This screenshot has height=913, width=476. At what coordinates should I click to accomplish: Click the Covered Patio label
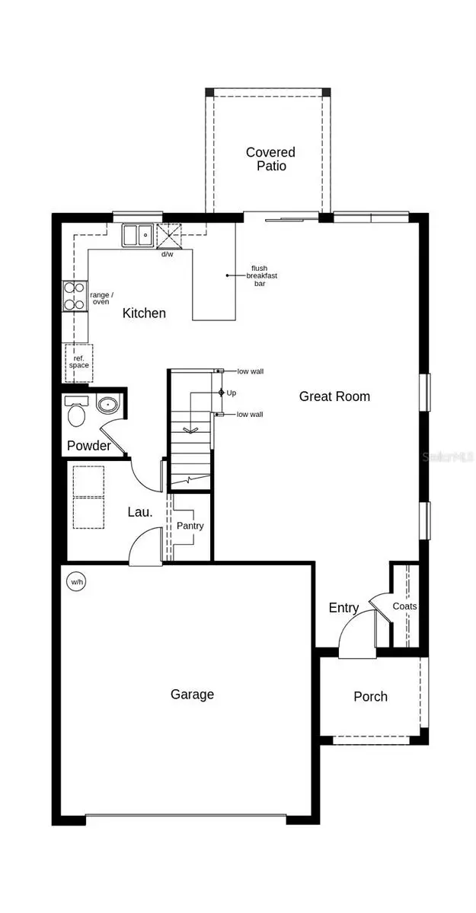[270, 159]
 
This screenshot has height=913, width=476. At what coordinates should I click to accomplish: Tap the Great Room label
[334, 396]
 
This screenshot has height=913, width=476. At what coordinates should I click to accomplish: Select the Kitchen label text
[144, 313]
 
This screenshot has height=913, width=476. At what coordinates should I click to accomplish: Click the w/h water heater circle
[77, 583]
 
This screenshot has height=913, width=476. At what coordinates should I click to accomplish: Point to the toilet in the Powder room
[77, 415]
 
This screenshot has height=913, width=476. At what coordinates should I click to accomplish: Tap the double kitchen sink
[138, 235]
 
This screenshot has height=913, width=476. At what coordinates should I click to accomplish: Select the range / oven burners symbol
[74, 297]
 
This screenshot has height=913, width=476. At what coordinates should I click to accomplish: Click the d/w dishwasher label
[167, 254]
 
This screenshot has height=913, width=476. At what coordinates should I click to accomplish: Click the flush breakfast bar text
[264, 275]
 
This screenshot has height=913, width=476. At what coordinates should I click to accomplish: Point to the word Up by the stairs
[232, 393]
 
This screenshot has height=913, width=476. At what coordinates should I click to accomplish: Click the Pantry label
[190, 526]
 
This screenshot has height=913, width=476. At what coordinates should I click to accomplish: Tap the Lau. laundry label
[139, 512]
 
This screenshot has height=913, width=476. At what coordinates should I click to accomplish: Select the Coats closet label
[404, 606]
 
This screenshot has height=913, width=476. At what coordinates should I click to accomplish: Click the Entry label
[343, 608]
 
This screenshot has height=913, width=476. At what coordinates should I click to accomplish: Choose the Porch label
[370, 696]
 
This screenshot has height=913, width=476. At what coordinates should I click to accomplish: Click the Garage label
[192, 694]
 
